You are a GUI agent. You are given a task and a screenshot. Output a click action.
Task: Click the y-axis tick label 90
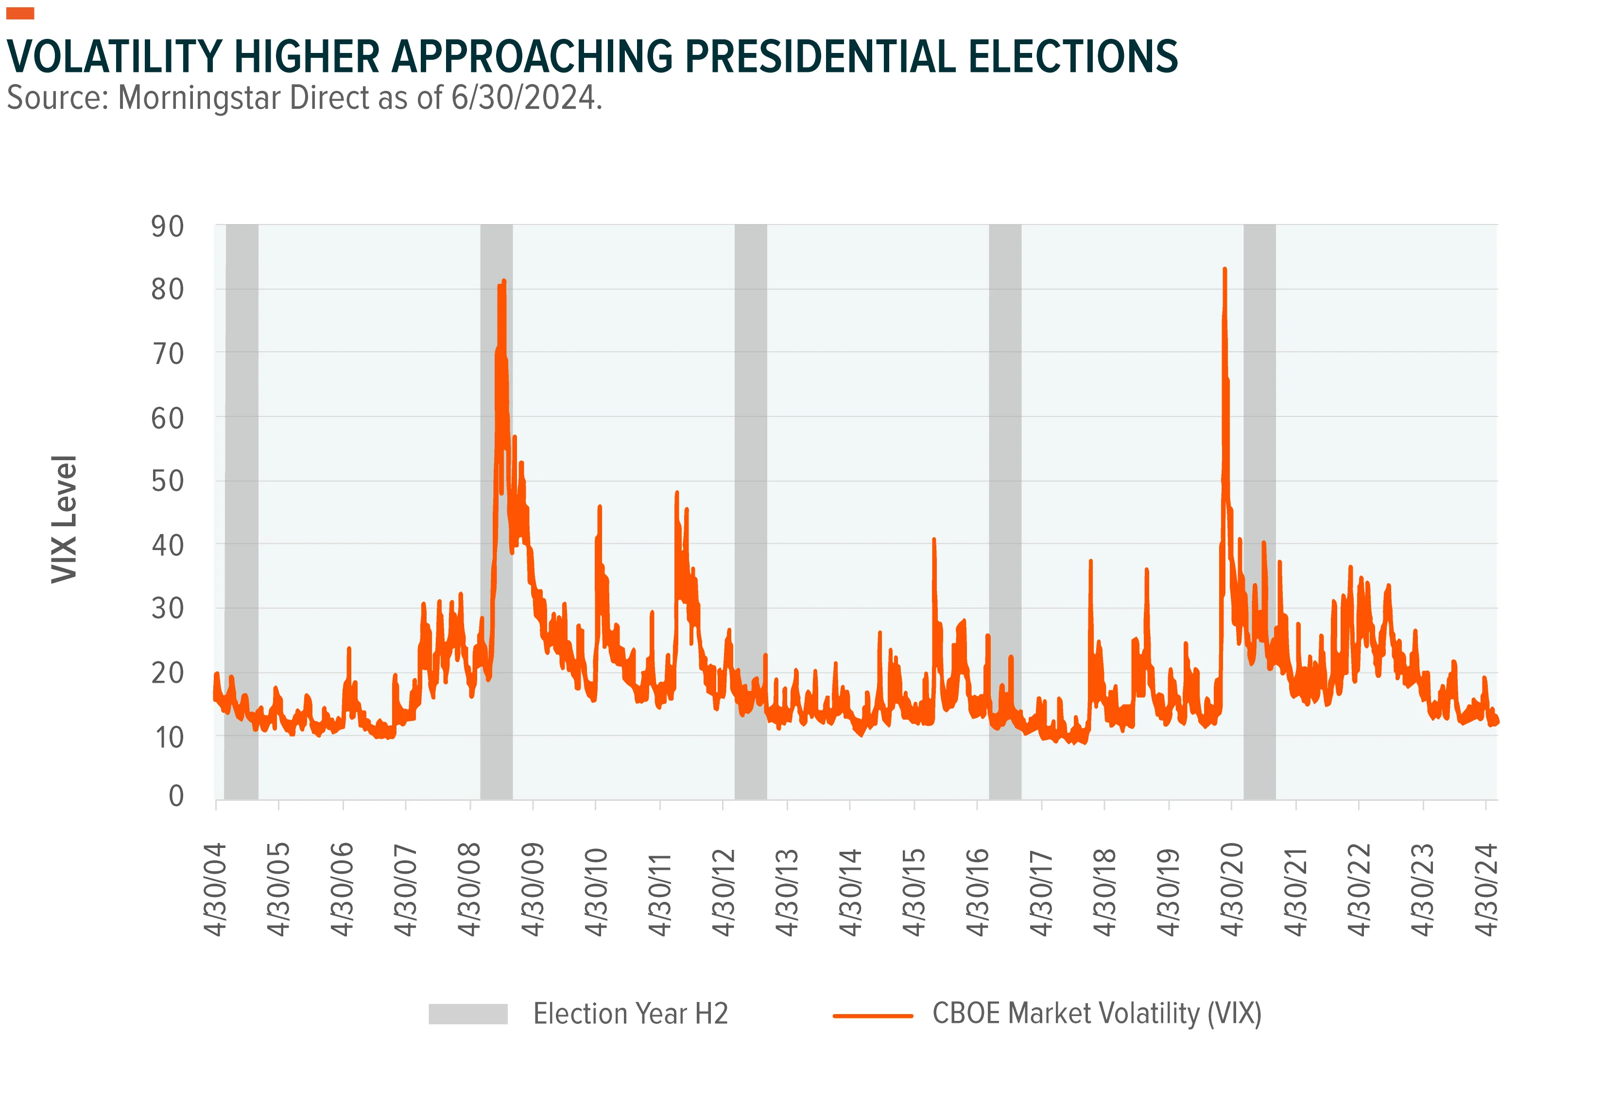coord(167,227)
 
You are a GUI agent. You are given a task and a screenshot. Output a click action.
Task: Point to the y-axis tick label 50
coord(167,481)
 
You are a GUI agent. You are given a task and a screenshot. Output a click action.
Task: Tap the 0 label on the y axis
coord(176,795)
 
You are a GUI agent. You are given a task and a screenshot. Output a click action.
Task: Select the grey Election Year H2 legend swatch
coord(468,1014)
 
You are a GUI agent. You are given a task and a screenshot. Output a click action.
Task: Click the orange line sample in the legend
coord(873,1016)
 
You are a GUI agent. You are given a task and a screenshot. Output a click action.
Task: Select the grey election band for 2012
coord(751,512)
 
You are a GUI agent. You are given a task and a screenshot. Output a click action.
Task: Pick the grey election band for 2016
coord(1005,512)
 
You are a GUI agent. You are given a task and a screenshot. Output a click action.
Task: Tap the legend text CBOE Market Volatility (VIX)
coord(1097,1014)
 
